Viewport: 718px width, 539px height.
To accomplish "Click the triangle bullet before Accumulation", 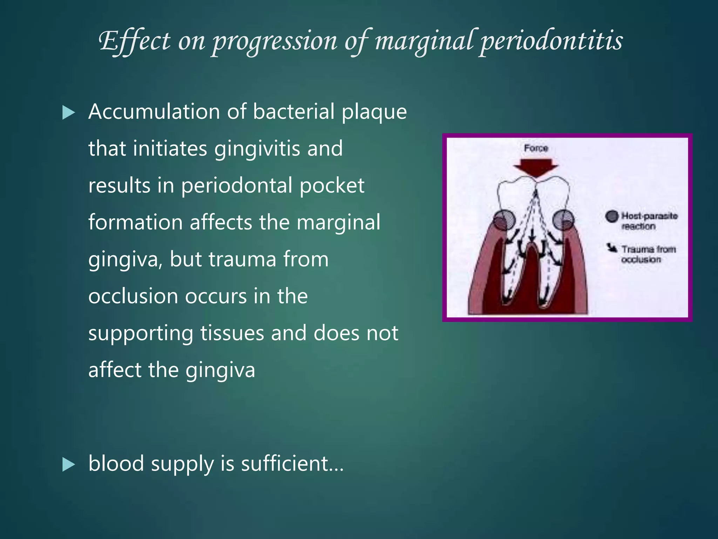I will [x=68, y=113].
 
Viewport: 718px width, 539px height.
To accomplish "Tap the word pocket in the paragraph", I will [x=332, y=186].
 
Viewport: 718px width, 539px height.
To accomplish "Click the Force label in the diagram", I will [x=536, y=148].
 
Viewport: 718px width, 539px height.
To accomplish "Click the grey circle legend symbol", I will [x=612, y=216].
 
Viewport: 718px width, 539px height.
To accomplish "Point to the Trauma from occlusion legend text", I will [x=648, y=254].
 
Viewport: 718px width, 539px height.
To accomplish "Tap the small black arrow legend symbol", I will [x=612, y=248].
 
